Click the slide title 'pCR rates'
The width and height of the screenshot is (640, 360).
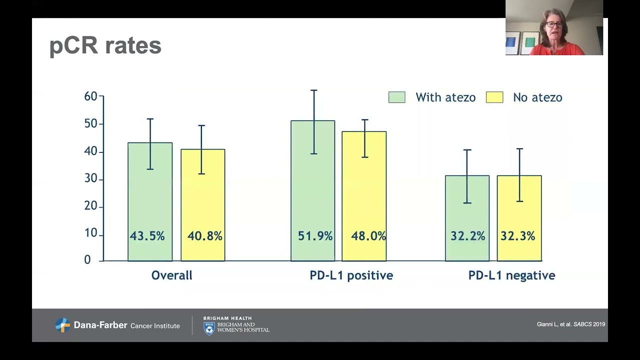pos(105,46)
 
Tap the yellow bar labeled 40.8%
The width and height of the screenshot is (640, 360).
pos(203,205)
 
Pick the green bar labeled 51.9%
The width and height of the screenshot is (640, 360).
pos(313,190)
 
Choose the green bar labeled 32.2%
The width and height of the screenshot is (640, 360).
pos(467,218)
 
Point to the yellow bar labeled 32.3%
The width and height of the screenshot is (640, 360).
pos(519,218)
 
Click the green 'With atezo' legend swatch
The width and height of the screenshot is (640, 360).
pos(396,97)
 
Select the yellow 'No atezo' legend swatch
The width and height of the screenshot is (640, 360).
pos(494,97)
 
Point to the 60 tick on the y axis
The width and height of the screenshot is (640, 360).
pos(90,96)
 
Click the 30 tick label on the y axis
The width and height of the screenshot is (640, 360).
pos(90,179)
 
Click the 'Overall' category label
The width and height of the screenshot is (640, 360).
pos(171,275)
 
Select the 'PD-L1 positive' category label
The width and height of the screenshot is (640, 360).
pos(351,275)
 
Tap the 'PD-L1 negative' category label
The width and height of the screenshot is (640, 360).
pos(511,275)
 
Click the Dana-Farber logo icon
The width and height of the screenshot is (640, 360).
pos(62,325)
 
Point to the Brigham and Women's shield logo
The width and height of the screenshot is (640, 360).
pos(209,328)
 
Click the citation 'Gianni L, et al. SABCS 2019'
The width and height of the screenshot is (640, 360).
pos(570,324)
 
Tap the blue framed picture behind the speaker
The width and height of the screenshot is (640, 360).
pos(513,43)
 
